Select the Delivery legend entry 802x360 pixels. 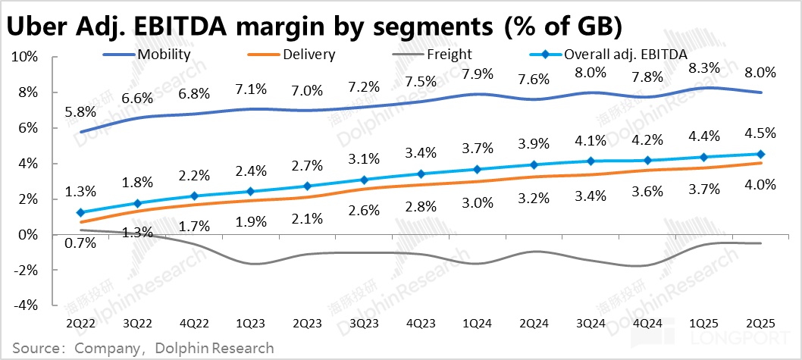[308, 55]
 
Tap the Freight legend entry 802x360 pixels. [449, 55]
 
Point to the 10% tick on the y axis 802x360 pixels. [27, 57]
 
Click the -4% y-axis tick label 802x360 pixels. [27, 305]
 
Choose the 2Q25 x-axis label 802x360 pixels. [760, 324]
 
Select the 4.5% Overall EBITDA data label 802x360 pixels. [760, 133]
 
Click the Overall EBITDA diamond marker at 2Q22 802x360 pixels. [80, 213]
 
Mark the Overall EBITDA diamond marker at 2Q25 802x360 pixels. [760, 154]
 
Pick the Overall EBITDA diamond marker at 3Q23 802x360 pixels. [365, 180]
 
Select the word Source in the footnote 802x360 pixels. [36, 347]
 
